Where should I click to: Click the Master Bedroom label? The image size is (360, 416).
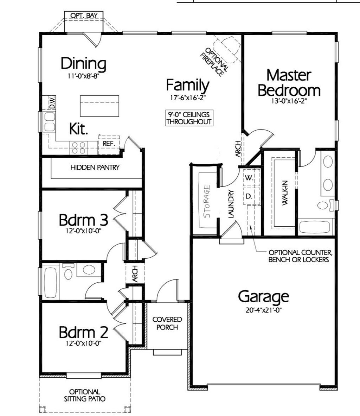pyautogui.click(x=289, y=83)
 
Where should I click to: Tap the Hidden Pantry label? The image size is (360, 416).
pyautogui.click(x=95, y=167)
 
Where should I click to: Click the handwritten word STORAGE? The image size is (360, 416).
pyautogui.click(x=207, y=201)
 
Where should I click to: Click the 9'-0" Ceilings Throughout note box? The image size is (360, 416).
pyautogui.click(x=189, y=118)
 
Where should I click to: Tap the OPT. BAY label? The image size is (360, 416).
pyautogui.click(x=84, y=15)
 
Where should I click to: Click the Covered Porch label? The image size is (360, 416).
pyautogui.click(x=167, y=323)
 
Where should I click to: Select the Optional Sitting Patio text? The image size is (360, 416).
pyautogui.click(x=84, y=395)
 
